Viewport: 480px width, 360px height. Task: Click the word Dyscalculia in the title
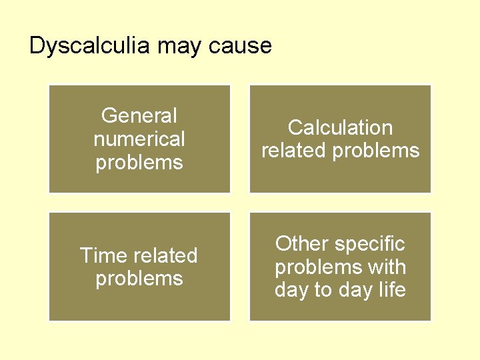point(91,46)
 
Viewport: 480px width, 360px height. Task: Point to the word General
point(139,116)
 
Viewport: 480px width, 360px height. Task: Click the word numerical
point(139,139)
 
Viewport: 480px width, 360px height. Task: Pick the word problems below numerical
point(139,163)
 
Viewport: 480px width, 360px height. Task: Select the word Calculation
point(340,127)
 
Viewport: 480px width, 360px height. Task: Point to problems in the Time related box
point(139,279)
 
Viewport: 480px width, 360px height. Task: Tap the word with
point(388,267)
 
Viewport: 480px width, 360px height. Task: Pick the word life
point(391,291)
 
